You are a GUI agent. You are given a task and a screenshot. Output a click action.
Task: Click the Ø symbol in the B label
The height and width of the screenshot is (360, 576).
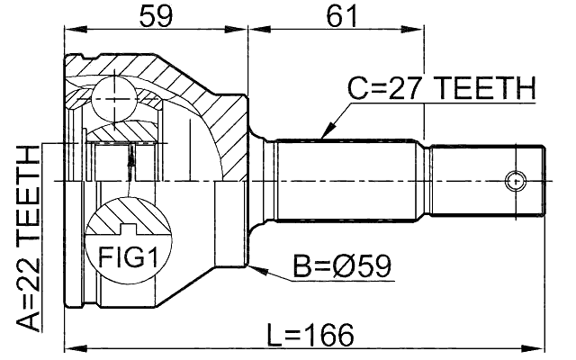[x=346, y=266]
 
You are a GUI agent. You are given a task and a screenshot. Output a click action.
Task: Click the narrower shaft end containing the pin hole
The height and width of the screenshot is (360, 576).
[x=486, y=180]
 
